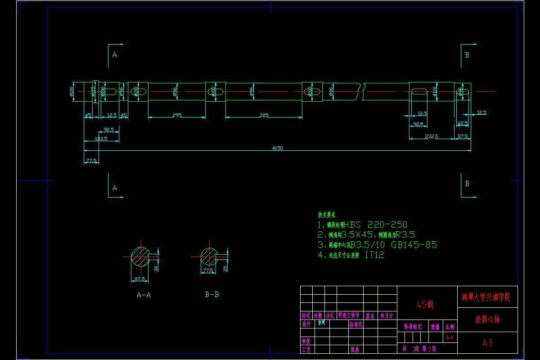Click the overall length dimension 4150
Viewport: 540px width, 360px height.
[x=277, y=148]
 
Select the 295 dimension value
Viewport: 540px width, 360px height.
[x=177, y=115]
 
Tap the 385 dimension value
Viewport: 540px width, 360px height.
[x=264, y=115]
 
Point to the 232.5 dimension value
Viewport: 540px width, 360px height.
[x=431, y=136]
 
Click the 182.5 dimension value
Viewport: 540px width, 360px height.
[x=101, y=139]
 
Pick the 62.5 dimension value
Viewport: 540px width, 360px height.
[x=463, y=123]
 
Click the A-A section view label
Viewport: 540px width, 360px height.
[x=144, y=295]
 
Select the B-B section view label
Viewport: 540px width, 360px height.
[x=212, y=295]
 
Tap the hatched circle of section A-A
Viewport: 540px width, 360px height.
[x=140, y=256]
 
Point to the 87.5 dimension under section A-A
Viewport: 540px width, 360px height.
[x=140, y=279]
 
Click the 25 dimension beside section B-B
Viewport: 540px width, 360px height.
[x=225, y=268]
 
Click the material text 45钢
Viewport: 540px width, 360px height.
[x=425, y=305]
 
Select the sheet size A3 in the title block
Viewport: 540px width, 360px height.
[x=487, y=343]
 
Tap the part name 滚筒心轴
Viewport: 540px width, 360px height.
[x=487, y=319]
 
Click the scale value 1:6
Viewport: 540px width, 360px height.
[x=450, y=337]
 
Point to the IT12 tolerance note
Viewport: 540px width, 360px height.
[x=374, y=255]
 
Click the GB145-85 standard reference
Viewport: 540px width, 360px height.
[x=414, y=245]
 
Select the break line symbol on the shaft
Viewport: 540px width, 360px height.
[x=362, y=91]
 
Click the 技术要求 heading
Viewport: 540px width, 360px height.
[x=327, y=215]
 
